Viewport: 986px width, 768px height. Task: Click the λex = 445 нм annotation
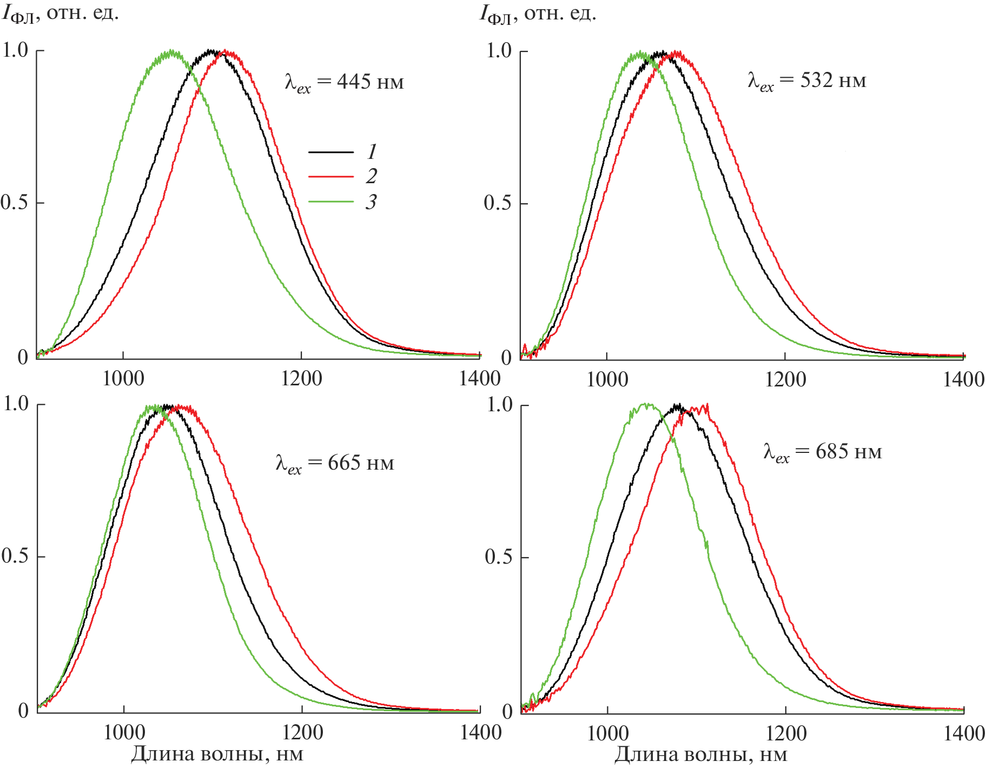click(x=344, y=82)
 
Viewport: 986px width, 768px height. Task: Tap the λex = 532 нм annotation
click(x=807, y=81)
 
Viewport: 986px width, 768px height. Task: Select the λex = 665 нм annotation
click(x=335, y=463)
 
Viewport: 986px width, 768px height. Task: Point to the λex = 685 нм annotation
click(x=823, y=452)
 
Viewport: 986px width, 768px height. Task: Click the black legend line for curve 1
click(x=331, y=152)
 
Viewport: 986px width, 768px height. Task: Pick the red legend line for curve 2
click(x=331, y=177)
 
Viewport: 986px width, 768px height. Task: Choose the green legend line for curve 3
click(x=331, y=202)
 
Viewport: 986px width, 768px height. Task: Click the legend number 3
click(x=371, y=202)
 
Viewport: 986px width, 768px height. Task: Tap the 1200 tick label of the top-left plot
click(x=301, y=379)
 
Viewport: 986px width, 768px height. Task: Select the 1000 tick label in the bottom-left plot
click(x=124, y=733)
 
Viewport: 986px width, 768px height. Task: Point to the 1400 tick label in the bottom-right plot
click(x=964, y=733)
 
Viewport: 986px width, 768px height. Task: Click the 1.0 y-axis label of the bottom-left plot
click(x=16, y=403)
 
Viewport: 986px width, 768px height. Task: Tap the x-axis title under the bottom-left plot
click(x=217, y=754)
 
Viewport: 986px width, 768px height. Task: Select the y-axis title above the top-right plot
click(x=538, y=14)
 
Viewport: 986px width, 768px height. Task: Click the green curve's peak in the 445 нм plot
click(x=171, y=52)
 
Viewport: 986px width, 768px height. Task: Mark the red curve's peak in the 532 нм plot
click(x=676, y=53)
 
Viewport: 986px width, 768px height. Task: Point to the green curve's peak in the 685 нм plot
click(x=646, y=405)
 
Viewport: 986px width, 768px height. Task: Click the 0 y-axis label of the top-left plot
click(x=23, y=357)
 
